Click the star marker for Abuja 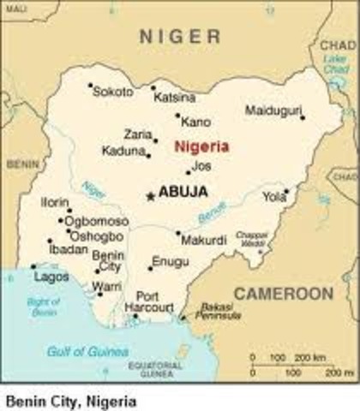(151, 196)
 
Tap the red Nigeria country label (201, 146)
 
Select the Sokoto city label (113, 92)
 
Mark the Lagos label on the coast (51, 277)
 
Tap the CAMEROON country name (284, 294)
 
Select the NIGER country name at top (181, 35)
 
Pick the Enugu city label (170, 261)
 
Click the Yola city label (274, 196)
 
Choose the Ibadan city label (69, 249)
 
